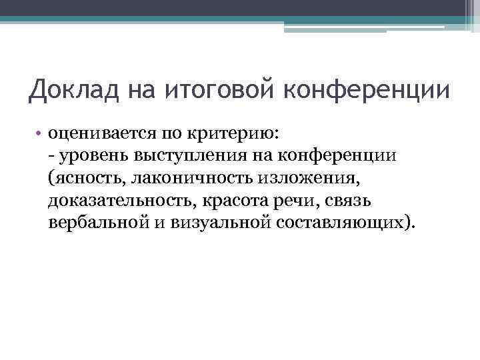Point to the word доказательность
(119, 201)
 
